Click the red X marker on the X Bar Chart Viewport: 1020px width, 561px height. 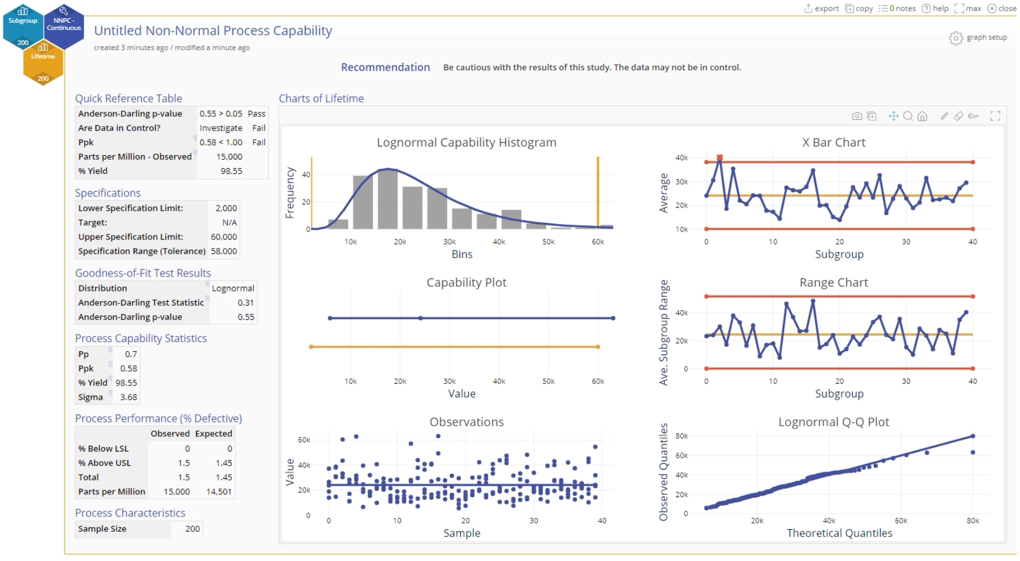(719, 158)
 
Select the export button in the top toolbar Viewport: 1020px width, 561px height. (821, 8)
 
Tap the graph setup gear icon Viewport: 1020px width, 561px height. (955, 38)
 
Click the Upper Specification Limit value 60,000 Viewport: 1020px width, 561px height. (224, 237)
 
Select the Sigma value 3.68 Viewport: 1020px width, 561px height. (129, 397)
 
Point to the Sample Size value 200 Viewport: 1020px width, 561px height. (192, 529)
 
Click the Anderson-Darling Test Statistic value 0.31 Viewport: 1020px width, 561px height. (245, 302)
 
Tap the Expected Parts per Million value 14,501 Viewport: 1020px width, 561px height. (219, 491)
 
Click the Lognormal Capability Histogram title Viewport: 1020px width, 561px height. (466, 143)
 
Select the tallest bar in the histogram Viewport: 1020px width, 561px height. (387, 198)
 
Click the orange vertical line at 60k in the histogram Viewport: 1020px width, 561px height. (598, 194)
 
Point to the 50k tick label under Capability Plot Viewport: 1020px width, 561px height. (548, 381)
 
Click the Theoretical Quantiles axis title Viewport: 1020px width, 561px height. (839, 533)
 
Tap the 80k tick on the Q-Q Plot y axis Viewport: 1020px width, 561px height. (682, 436)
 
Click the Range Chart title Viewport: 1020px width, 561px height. (833, 282)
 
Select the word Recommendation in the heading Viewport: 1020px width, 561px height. (386, 67)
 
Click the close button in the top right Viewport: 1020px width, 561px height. (1002, 8)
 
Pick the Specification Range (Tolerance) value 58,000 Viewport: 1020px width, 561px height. (224, 251)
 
